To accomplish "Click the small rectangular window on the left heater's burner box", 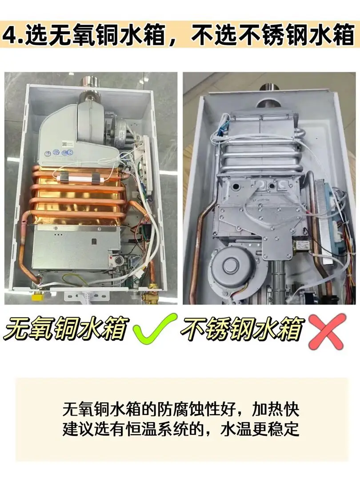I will [x=94, y=242].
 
